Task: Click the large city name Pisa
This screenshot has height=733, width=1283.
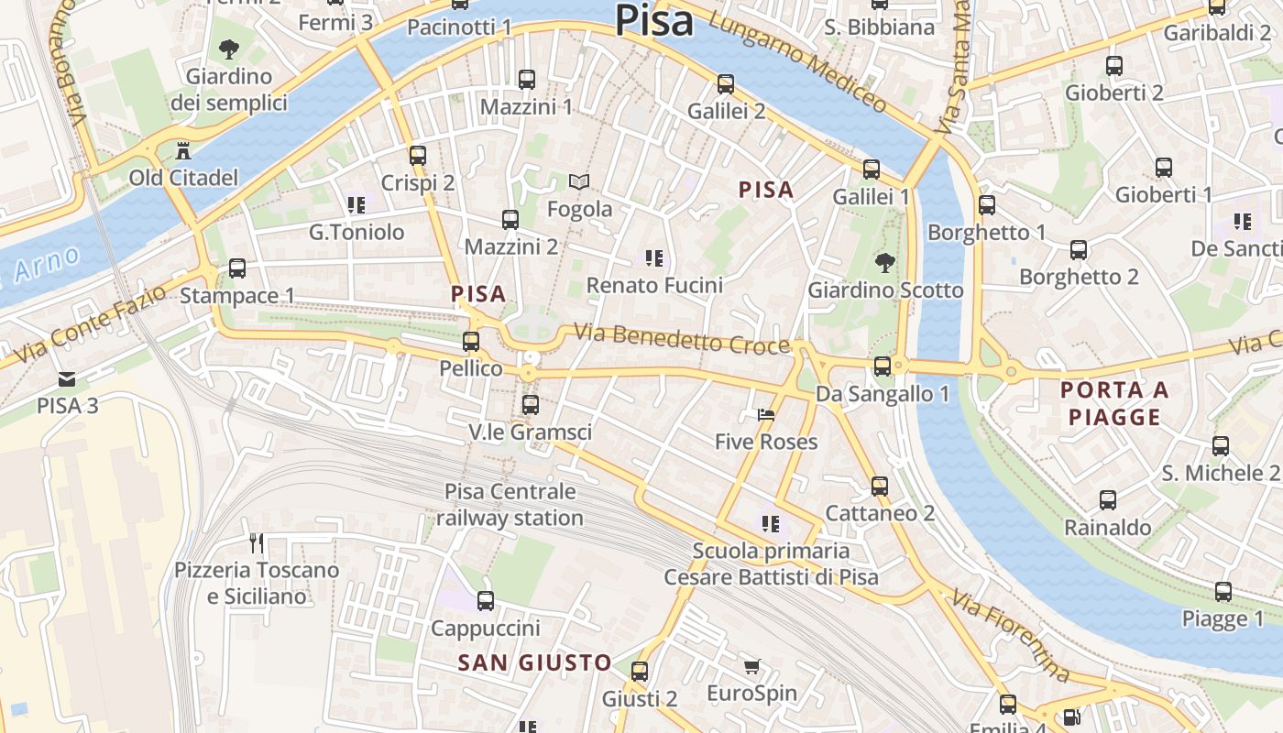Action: (653, 20)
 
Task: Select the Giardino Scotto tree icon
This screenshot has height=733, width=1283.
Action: (884, 264)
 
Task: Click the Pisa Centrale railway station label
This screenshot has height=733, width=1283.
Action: (510, 505)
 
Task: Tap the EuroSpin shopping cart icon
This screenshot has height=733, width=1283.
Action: (751, 666)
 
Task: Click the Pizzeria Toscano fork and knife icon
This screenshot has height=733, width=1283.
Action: (257, 543)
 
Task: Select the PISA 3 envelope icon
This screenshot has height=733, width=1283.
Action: (67, 379)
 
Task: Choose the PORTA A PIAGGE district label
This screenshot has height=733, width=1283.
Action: (1114, 403)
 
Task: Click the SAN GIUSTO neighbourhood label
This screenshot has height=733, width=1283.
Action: (534, 662)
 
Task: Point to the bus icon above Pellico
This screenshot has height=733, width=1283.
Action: (471, 342)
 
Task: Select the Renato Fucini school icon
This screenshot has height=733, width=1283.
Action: (653, 258)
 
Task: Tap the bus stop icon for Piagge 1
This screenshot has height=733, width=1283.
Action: (1223, 592)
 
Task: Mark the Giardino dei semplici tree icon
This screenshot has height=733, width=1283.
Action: (228, 49)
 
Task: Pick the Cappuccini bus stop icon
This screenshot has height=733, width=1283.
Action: (486, 601)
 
